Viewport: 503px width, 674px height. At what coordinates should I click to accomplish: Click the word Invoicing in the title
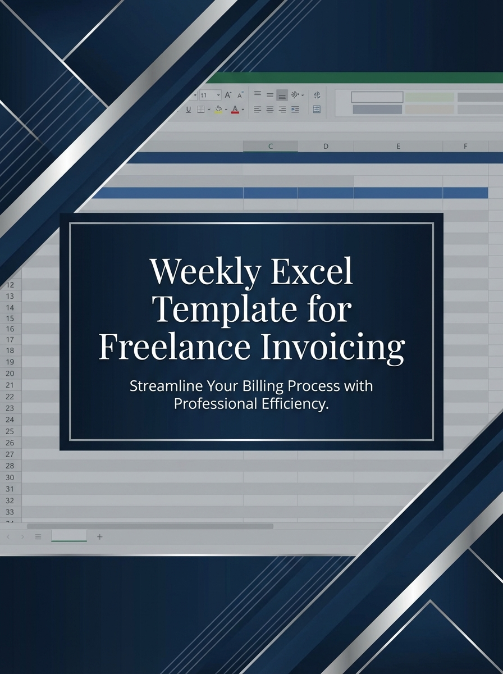pyautogui.click(x=332, y=348)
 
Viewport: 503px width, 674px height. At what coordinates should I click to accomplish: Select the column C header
pyautogui.click(x=271, y=146)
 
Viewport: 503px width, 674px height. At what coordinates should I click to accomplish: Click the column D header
pyautogui.click(x=326, y=146)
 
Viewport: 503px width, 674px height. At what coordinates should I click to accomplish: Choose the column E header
pyautogui.click(x=398, y=146)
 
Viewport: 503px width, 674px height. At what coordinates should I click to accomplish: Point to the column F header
pyautogui.click(x=465, y=146)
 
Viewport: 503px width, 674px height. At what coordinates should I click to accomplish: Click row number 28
pyautogui.click(x=10, y=466)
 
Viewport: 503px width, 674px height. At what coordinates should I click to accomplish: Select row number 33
pyautogui.click(x=10, y=512)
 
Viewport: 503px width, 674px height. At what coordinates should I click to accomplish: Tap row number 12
pyautogui.click(x=10, y=284)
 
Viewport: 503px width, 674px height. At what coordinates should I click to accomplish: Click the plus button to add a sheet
pyautogui.click(x=100, y=537)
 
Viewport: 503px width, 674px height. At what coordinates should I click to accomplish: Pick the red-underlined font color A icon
pyautogui.click(x=235, y=110)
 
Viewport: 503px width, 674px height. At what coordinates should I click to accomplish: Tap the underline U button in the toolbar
pyautogui.click(x=188, y=110)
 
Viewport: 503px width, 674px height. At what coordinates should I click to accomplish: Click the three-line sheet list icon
pyautogui.click(x=38, y=537)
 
